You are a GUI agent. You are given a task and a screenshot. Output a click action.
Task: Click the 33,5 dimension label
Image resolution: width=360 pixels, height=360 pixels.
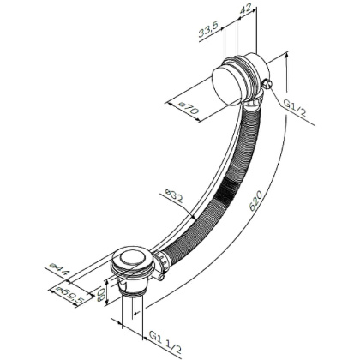pos(209,33)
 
